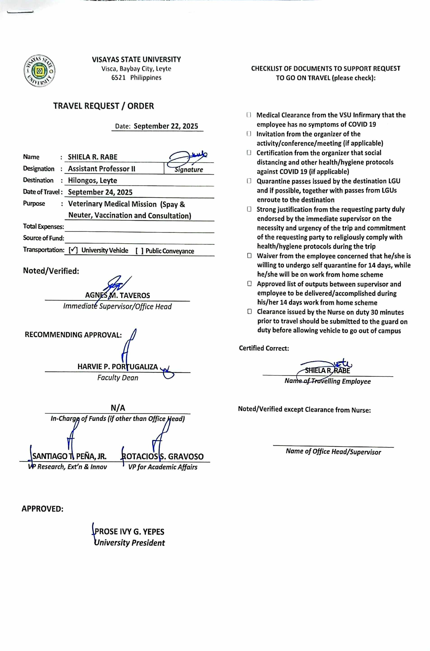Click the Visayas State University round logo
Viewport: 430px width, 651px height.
40,71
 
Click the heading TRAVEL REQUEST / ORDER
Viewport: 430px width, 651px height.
103,106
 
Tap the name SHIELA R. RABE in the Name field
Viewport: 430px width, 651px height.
92,157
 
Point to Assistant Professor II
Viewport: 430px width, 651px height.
101,169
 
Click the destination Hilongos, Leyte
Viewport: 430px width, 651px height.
92,181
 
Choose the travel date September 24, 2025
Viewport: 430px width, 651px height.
100,192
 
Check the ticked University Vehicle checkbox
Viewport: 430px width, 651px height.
73,250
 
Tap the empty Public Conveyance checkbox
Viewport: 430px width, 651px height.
139,251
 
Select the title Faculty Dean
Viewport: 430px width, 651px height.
118,378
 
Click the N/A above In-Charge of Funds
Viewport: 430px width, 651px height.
118,408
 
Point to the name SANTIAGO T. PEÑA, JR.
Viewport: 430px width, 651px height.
69,456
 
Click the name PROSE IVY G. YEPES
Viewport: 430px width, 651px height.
129,532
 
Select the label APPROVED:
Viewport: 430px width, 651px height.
42,509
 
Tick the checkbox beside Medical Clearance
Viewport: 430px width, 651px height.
249,115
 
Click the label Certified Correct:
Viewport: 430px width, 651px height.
264,348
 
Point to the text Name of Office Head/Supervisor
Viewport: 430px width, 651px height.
333,452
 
